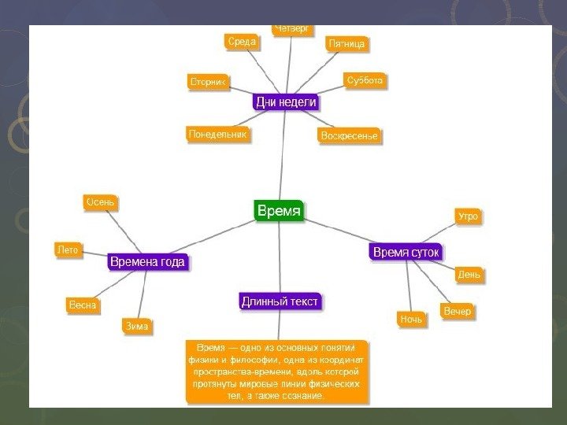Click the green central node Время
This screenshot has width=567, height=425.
click(279, 211)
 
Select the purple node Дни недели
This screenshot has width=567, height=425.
click(285, 102)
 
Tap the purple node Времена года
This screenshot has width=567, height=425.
click(148, 261)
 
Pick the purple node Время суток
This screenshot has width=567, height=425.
click(406, 252)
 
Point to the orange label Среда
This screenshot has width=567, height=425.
click(242, 42)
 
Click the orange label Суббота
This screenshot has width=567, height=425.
click(365, 80)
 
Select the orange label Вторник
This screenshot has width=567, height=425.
click(208, 82)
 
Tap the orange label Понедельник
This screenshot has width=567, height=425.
click(217, 135)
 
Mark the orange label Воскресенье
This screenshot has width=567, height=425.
click(349, 136)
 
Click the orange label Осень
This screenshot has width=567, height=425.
click(100, 202)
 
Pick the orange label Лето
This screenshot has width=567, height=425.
click(68, 249)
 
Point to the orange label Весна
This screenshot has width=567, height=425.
click(81, 305)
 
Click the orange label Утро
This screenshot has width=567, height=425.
click(468, 216)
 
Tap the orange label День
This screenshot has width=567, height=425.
click(469, 275)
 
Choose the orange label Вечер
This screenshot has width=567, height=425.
click(457, 312)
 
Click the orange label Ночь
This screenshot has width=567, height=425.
click(411, 319)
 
